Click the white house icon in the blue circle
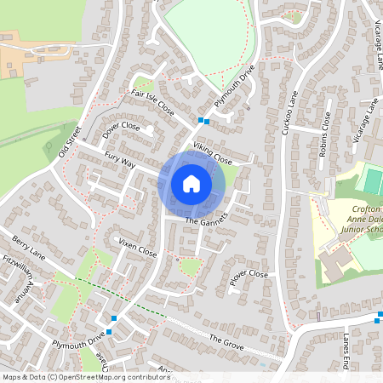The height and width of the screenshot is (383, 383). point(191,183)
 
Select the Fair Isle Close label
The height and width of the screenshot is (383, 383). point(152,101)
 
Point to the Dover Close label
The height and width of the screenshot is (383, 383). point(121,130)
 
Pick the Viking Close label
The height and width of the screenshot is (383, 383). point(212,153)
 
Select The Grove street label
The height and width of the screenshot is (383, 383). point(226,342)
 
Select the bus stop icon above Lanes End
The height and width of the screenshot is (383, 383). point(379,319)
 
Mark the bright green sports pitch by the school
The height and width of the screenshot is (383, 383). point(372,180)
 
